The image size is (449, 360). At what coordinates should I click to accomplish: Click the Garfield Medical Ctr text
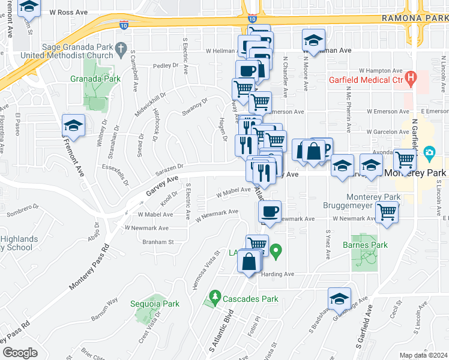tap(366, 79)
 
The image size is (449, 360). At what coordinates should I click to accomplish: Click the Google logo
tap(20, 353)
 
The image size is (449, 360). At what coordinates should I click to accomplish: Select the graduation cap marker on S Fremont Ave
tap(73, 125)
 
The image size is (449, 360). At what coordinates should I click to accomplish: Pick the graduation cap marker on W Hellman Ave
tap(313, 40)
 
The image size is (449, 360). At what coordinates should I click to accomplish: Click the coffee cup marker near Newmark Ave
tap(270, 211)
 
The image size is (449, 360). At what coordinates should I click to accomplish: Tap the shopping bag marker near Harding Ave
tap(249, 262)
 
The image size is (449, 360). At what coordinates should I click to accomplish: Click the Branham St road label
tap(157, 242)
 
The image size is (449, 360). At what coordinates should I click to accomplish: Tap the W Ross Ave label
tap(69, 11)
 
